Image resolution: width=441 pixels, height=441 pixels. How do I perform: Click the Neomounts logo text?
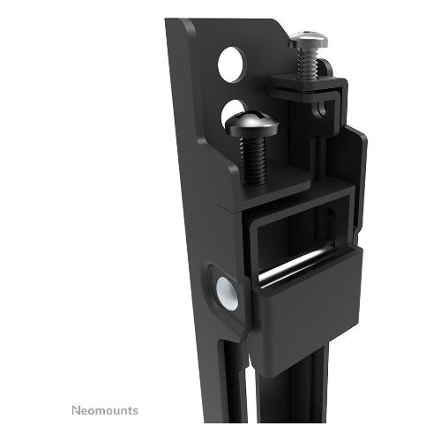[105, 410]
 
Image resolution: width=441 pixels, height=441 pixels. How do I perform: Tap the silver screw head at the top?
[308, 39]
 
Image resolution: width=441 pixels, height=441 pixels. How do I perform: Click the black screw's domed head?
[251, 123]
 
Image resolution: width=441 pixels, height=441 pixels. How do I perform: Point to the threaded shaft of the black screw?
[253, 161]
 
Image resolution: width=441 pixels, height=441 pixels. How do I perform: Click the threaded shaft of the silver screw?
[307, 64]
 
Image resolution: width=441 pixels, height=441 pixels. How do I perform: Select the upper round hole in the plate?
[231, 64]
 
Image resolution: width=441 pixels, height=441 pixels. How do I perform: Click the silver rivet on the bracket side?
[227, 294]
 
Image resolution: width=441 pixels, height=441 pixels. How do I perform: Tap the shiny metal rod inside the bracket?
[297, 266]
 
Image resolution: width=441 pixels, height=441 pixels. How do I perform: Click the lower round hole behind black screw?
[233, 109]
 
